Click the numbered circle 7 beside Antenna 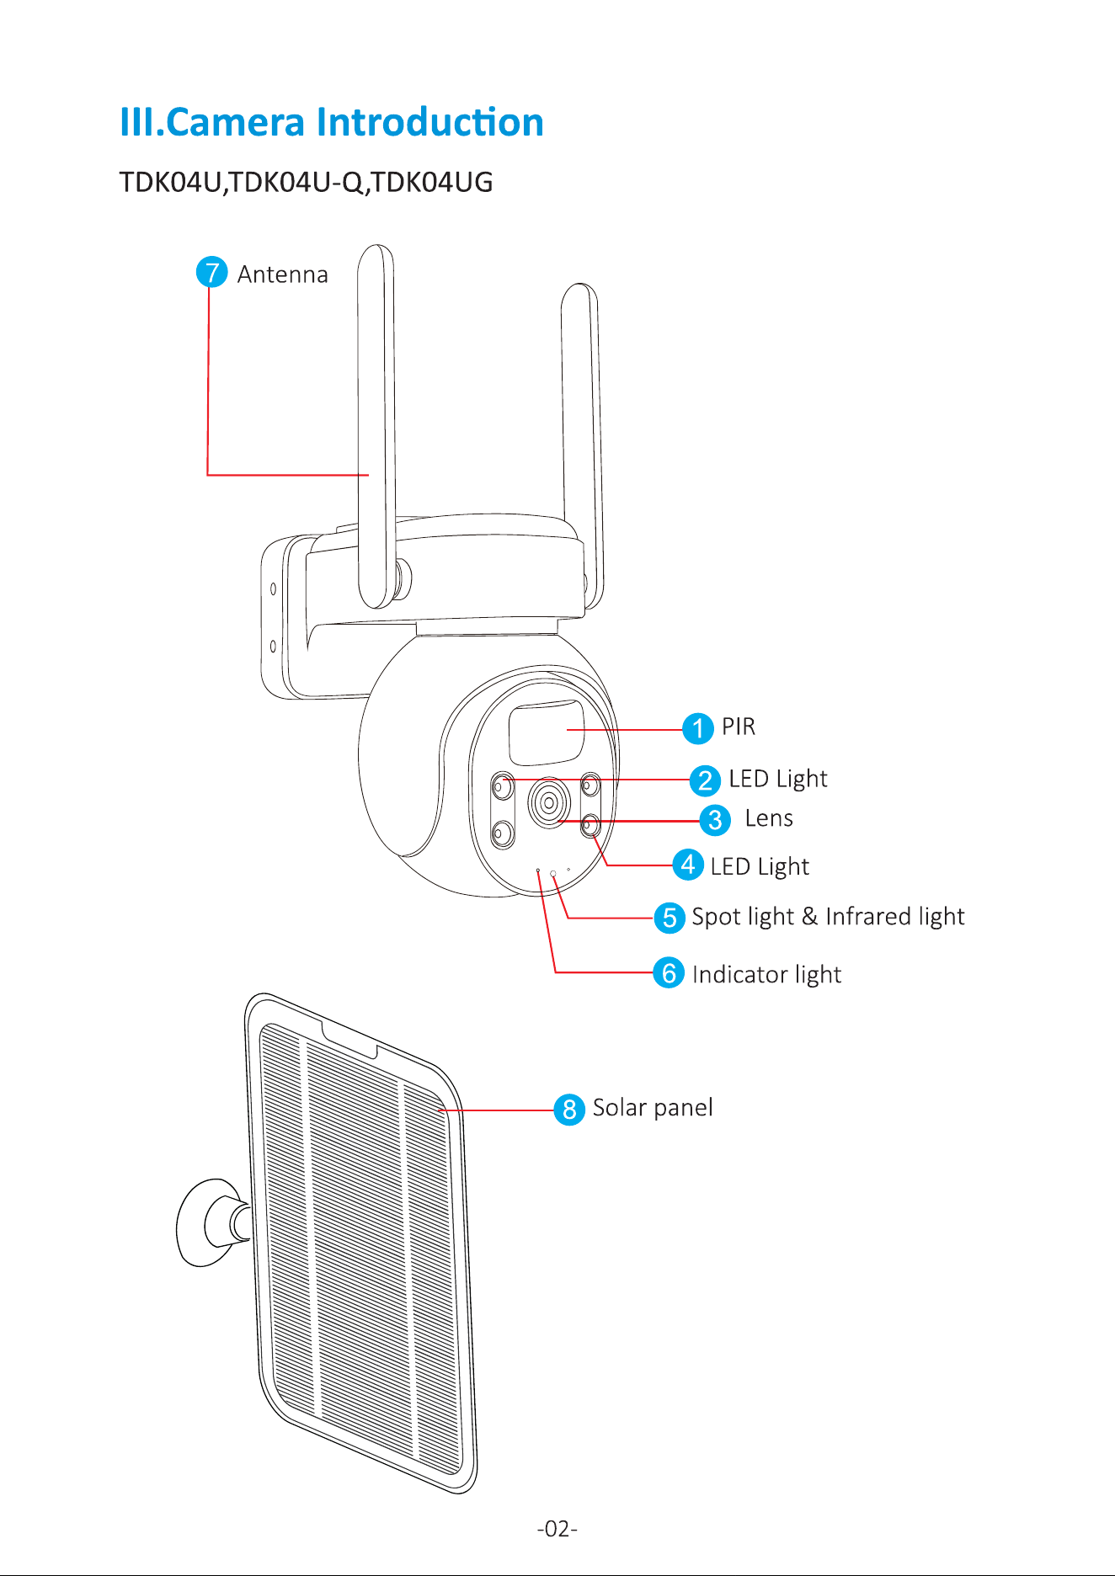(x=211, y=272)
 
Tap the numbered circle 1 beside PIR (x=697, y=728)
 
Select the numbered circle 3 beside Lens (x=715, y=819)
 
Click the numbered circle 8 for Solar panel (x=569, y=1109)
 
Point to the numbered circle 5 (x=670, y=917)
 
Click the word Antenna (x=282, y=274)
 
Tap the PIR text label (x=739, y=727)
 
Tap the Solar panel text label (x=653, y=1108)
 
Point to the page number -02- (x=557, y=1528)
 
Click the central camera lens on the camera (x=549, y=802)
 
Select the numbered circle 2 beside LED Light (x=705, y=780)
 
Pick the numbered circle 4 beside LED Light (x=688, y=865)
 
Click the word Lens (x=769, y=818)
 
